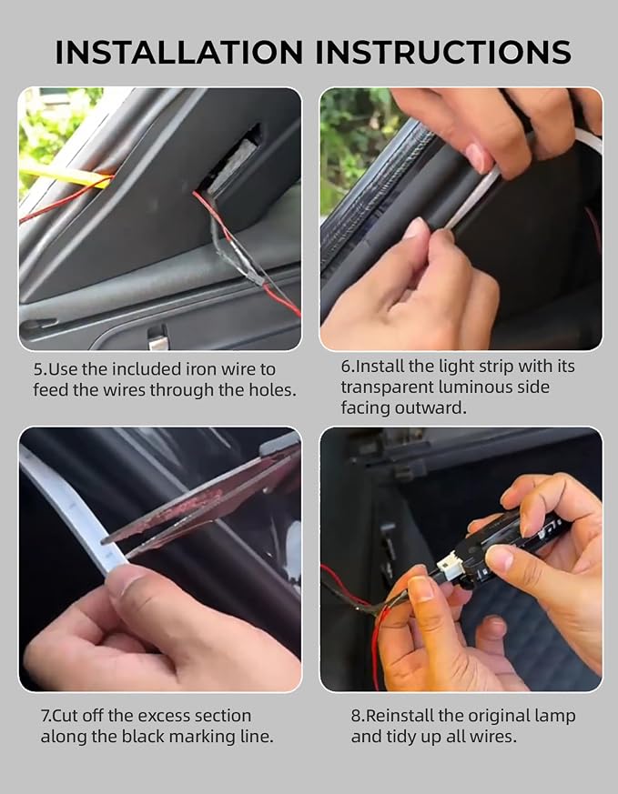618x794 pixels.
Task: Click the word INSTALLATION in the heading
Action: point(178,52)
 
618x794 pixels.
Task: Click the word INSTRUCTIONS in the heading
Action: point(444,52)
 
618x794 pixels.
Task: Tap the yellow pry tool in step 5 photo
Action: point(66,176)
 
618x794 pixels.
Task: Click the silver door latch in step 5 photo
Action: point(158,338)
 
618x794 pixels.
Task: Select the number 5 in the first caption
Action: point(38,369)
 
